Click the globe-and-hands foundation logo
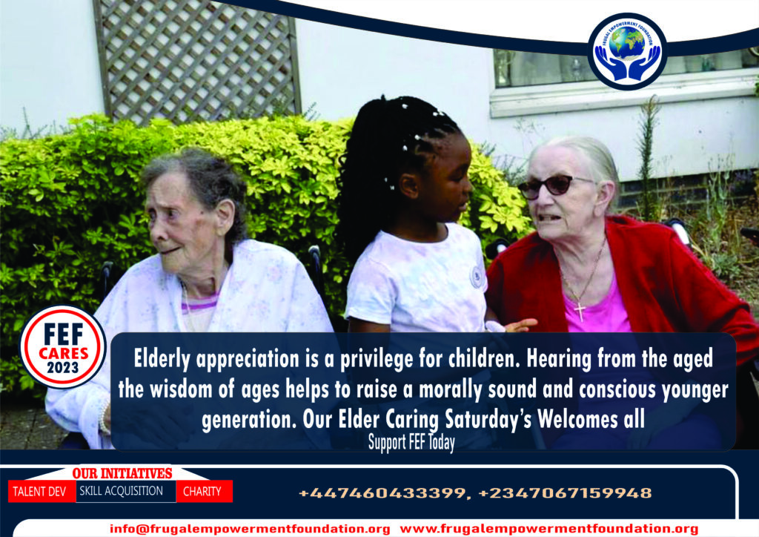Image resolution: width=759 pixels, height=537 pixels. pyautogui.click(x=627, y=51)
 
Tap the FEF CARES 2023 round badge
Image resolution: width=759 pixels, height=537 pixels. pyautogui.click(x=62, y=346)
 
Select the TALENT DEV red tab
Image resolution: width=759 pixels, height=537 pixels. pyautogui.click(x=40, y=492)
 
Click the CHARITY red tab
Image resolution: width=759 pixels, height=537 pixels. pyautogui.click(x=202, y=492)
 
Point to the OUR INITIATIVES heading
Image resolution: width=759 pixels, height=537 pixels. pyautogui.click(x=122, y=473)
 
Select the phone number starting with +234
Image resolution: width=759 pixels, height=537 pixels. pyautogui.click(x=565, y=493)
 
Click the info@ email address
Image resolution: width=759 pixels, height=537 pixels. pyautogui.click(x=250, y=529)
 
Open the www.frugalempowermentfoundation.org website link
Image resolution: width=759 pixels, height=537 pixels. pyautogui.click(x=549, y=529)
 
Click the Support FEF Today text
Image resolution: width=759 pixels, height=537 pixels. pyautogui.click(x=411, y=442)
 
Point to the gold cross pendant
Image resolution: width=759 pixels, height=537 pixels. pyautogui.click(x=580, y=310)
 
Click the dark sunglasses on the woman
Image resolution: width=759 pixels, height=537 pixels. pyautogui.click(x=551, y=186)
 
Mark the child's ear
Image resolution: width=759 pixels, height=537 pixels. pyautogui.click(x=408, y=185)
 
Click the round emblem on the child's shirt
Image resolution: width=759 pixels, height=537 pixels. pyautogui.click(x=477, y=277)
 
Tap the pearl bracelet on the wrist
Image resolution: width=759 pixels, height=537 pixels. pyautogui.click(x=104, y=418)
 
